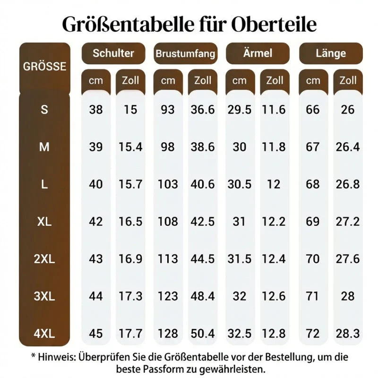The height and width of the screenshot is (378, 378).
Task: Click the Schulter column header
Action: point(113,53)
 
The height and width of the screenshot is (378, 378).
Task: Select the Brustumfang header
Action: point(185,53)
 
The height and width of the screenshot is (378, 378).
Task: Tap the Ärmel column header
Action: point(258,53)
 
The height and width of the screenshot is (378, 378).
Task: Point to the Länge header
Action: point(331,53)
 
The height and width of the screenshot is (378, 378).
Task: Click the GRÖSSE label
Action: point(44,67)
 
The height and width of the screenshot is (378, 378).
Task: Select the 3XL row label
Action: point(44,296)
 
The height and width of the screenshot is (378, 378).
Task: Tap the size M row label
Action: point(44,147)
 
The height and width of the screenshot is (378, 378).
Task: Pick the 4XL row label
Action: point(44,334)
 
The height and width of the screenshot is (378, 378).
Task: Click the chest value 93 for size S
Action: point(168,110)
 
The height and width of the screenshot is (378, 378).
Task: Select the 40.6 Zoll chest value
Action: point(203,184)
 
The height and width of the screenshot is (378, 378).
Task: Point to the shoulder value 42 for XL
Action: point(96,222)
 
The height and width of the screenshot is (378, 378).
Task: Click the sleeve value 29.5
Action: point(240,110)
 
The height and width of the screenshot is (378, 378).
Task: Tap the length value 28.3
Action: point(348,334)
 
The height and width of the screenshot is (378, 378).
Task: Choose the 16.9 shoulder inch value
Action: point(130,259)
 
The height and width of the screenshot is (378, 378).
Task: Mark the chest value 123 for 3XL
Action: point(168,296)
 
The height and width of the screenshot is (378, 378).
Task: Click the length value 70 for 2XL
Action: point(313,259)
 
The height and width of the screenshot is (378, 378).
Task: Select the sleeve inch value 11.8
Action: point(274,147)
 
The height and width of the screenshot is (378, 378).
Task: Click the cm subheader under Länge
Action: point(313,81)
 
